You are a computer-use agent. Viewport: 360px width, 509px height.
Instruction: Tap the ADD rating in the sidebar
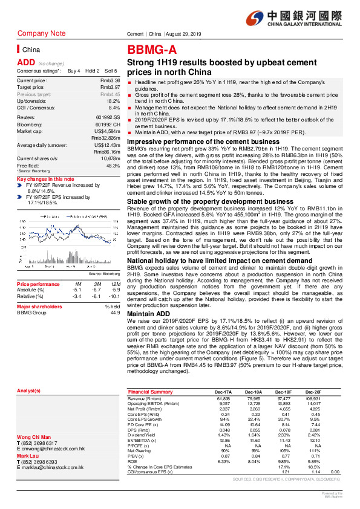coord(25,62)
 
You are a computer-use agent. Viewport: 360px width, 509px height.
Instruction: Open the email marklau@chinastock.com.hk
coord(53,450)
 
